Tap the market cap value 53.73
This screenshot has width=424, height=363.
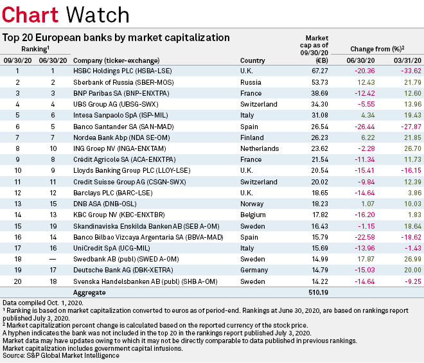point(319,83)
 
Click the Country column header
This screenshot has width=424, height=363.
point(252,59)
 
